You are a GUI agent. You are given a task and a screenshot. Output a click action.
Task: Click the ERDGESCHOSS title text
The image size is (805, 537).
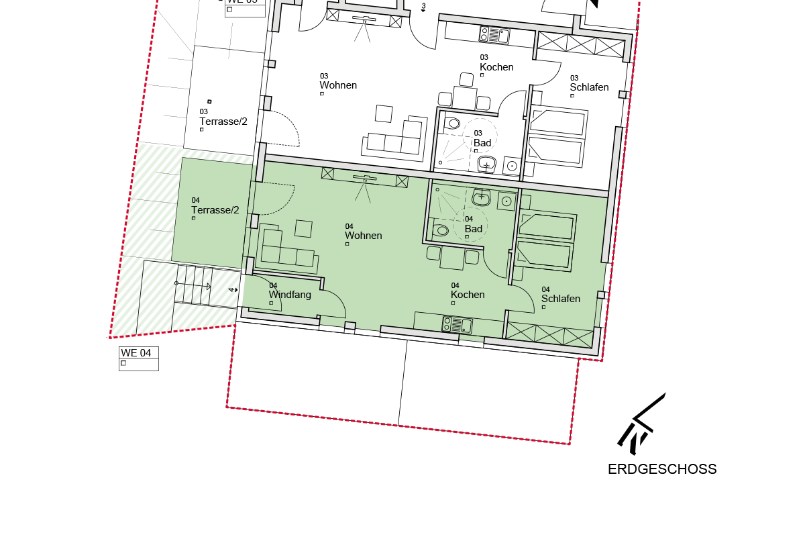pos(662,469)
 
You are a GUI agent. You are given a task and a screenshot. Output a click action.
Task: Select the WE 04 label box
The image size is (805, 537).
pos(139,358)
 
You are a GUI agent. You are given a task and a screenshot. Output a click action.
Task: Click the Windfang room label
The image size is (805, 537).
pos(290,295)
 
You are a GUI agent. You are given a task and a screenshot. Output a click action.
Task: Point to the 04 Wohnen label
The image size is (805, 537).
pos(364,236)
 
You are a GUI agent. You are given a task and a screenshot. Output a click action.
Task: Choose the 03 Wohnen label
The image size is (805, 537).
pos(338,85)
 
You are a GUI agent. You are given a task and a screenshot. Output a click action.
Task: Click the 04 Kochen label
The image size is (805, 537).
pos(468,295)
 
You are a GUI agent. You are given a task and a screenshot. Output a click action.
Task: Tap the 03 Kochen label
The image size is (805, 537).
pos(496,67)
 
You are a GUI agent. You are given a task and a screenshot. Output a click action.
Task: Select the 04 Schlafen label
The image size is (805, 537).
pos(561,299)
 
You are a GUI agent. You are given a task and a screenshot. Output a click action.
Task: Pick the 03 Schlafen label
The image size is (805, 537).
pos(589,87)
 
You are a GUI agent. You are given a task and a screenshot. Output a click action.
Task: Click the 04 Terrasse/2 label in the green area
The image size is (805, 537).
pos(215,210)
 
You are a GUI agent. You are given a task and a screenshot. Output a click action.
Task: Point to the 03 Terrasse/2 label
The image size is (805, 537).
pos(223,121)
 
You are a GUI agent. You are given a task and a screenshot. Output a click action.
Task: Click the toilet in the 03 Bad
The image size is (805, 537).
pos(453,123)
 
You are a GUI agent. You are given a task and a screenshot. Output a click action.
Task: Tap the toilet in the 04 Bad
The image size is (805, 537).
pos(441,230)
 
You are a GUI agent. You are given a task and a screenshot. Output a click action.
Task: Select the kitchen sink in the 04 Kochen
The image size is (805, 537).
pos(458,326)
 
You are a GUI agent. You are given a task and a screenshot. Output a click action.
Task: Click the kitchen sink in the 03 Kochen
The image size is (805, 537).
pos(494,34)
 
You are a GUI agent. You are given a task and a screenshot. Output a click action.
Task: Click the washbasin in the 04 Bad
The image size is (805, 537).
pos(482,197)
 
